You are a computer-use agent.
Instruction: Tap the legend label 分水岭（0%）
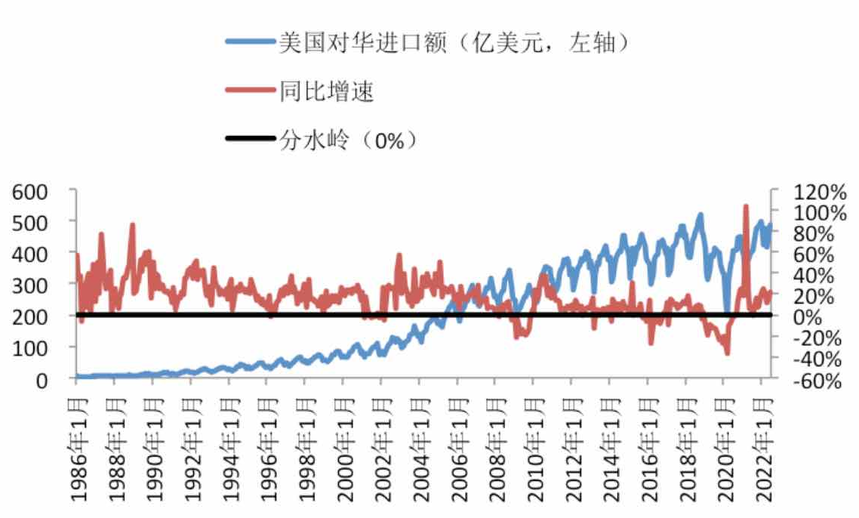pyautogui.click(x=348, y=140)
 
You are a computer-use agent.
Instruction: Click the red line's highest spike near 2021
pyautogui.click(x=746, y=206)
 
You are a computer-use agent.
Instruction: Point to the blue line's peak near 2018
pyautogui.click(x=700, y=215)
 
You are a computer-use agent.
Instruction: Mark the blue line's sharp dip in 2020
pyautogui.click(x=726, y=310)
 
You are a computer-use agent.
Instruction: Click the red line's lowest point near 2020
pyautogui.click(x=728, y=353)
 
